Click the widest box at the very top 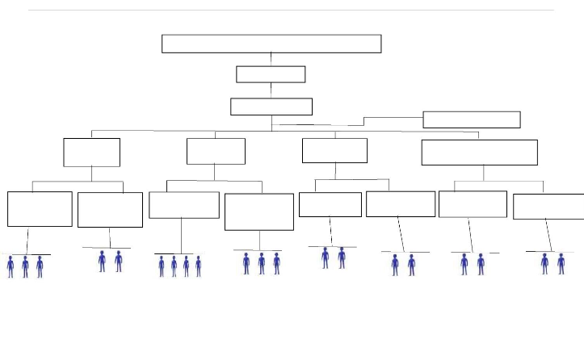click(271, 44)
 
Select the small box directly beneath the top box click(271, 74)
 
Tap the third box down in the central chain click(271, 107)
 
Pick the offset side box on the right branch click(472, 119)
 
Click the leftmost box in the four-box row click(91, 153)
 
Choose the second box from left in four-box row click(216, 151)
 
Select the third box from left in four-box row click(334, 150)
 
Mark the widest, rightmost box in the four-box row click(479, 153)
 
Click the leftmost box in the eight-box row click(40, 209)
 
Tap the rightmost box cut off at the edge click(548, 207)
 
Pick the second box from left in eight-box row click(110, 210)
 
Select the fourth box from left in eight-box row click(258, 211)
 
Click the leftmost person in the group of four click(162, 266)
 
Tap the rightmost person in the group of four click(199, 266)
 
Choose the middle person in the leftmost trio click(25, 266)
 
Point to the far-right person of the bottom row click(561, 264)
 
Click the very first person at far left click(11, 266)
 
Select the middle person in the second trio click(262, 263)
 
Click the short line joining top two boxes click(271, 59)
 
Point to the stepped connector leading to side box click(364, 121)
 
